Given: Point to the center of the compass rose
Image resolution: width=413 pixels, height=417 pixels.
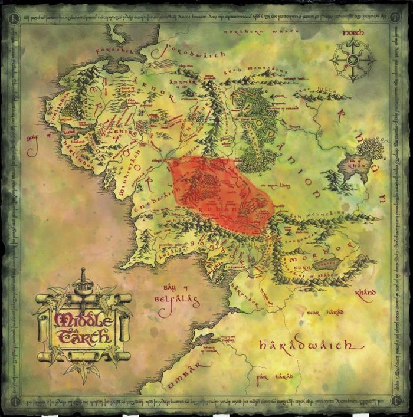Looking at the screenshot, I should (x=353, y=60).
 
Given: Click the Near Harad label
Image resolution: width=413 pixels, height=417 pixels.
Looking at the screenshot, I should (x=321, y=313).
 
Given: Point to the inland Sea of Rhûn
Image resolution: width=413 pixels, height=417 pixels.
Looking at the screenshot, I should (x=358, y=160).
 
